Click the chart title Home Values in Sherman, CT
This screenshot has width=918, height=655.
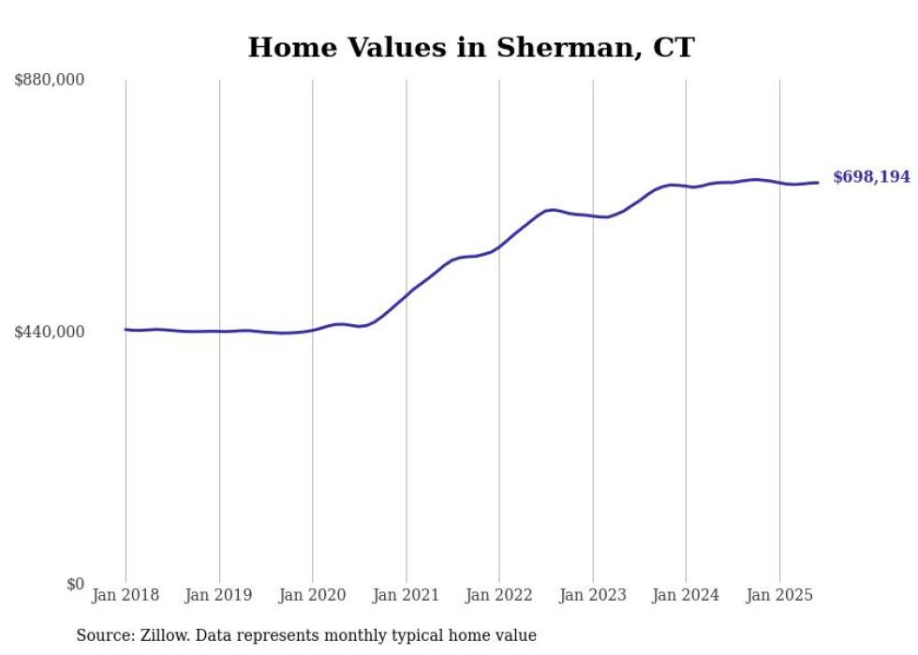tap(471, 47)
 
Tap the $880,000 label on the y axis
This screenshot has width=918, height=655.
tap(50, 81)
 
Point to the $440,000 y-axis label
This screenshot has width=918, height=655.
tap(50, 332)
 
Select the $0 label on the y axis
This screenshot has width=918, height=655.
tap(75, 584)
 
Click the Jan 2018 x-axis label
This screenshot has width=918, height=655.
tap(126, 595)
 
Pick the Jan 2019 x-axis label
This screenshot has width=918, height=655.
tap(219, 595)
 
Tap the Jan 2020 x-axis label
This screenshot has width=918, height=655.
tap(313, 595)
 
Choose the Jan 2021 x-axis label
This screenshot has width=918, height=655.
tap(406, 595)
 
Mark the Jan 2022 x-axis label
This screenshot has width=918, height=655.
tap(499, 595)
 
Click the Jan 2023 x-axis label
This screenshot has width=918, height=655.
tap(592, 595)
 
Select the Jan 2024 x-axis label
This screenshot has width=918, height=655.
tap(686, 595)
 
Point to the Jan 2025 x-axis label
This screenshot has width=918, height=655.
tap(779, 595)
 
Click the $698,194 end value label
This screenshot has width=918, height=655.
tap(871, 177)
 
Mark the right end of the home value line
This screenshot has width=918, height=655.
tap(818, 183)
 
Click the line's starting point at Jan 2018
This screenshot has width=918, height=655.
tap(126, 329)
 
